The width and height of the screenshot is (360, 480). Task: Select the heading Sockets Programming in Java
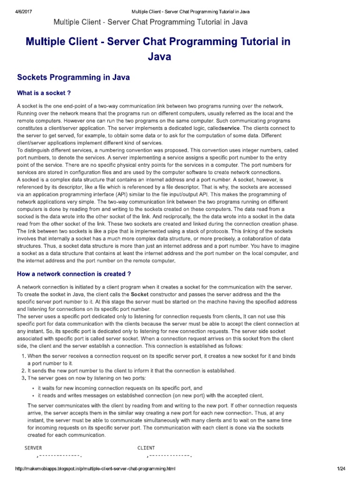73,77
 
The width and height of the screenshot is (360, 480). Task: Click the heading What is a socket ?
44,93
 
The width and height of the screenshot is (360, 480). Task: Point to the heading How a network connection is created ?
74,274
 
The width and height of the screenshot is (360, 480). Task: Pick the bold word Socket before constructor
139,294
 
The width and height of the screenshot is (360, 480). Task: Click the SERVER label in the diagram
33,448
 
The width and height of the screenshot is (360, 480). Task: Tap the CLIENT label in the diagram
146,448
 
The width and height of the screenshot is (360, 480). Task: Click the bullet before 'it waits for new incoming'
33,389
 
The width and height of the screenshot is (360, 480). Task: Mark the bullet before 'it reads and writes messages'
33,395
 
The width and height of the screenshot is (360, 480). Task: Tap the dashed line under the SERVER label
60,456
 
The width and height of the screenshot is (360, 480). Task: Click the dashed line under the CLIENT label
170,456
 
